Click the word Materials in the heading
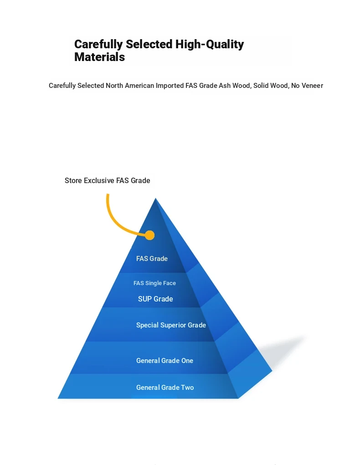99,57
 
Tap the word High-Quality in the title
210,45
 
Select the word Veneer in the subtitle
312,86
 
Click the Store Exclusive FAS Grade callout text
108,181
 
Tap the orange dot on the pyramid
150,235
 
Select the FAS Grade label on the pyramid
152,259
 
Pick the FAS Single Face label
154,283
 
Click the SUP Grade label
155,299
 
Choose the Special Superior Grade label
171,325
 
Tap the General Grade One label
165,361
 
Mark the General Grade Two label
165,388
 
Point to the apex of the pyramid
155,198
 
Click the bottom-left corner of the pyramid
58,398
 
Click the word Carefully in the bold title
98,45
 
